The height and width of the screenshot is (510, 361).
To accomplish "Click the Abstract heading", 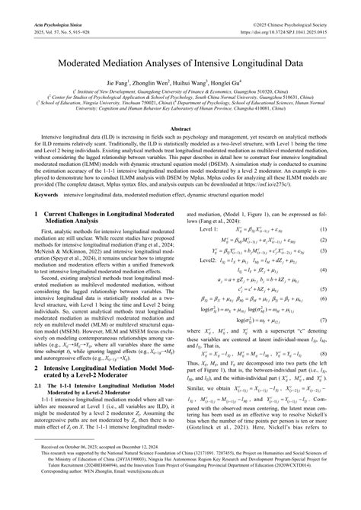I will (180, 130).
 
